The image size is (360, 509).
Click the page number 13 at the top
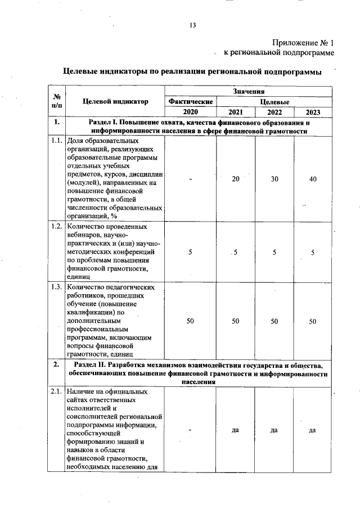[192, 25]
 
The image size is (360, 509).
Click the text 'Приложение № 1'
[303, 42]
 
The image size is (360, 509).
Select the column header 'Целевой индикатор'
[115, 102]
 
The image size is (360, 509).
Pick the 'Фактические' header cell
[190, 102]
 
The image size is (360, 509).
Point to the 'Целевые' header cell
[274, 102]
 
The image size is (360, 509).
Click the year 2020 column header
[190, 112]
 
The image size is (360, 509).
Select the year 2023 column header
[313, 112]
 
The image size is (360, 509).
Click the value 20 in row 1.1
[236, 178]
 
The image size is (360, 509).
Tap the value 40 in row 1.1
[313, 178]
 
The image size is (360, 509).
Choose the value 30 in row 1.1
[274, 178]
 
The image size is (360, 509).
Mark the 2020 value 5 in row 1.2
[190, 252]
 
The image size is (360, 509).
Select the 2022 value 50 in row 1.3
[274, 321]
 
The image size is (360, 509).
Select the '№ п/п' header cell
[57, 102]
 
